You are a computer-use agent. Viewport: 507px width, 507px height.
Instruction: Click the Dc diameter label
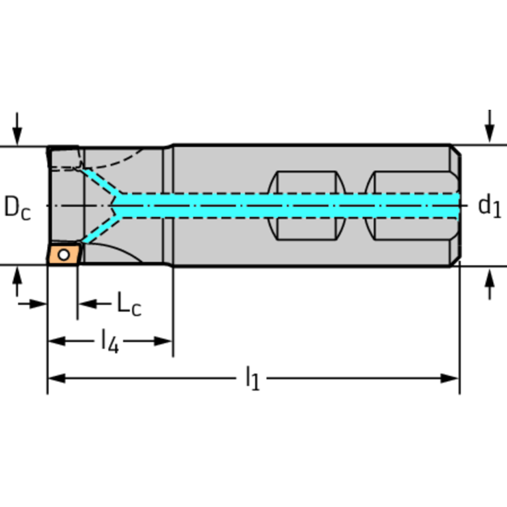pyautogui.click(x=17, y=207)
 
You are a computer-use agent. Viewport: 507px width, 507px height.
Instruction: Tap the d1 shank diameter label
pyautogui.click(x=489, y=207)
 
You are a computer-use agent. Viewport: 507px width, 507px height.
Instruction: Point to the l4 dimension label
pyautogui.click(x=110, y=342)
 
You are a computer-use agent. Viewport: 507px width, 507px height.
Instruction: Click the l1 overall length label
pyautogui.click(x=253, y=379)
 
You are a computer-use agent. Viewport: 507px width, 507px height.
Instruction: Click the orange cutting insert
pyautogui.click(x=63, y=254)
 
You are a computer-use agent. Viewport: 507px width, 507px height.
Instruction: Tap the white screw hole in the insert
pyautogui.click(x=63, y=254)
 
